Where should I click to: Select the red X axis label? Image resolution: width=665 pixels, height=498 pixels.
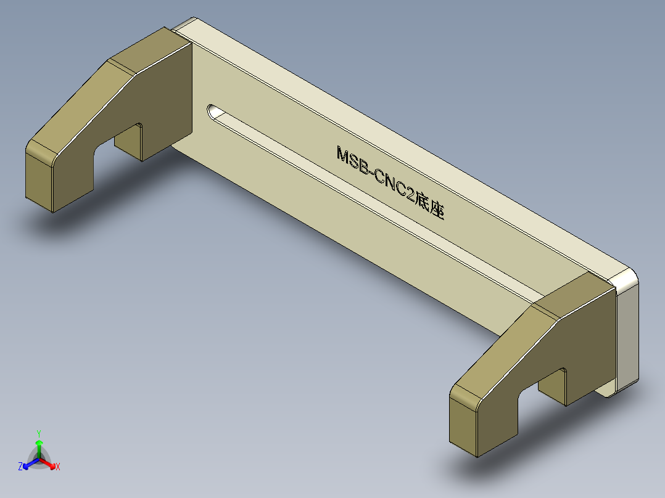click(x=58, y=467)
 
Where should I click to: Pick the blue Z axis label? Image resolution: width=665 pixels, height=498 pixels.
click(x=20, y=467)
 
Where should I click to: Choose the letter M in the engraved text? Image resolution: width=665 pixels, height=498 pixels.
click(x=344, y=154)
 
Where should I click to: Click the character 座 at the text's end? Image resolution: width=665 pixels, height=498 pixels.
click(x=437, y=211)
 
